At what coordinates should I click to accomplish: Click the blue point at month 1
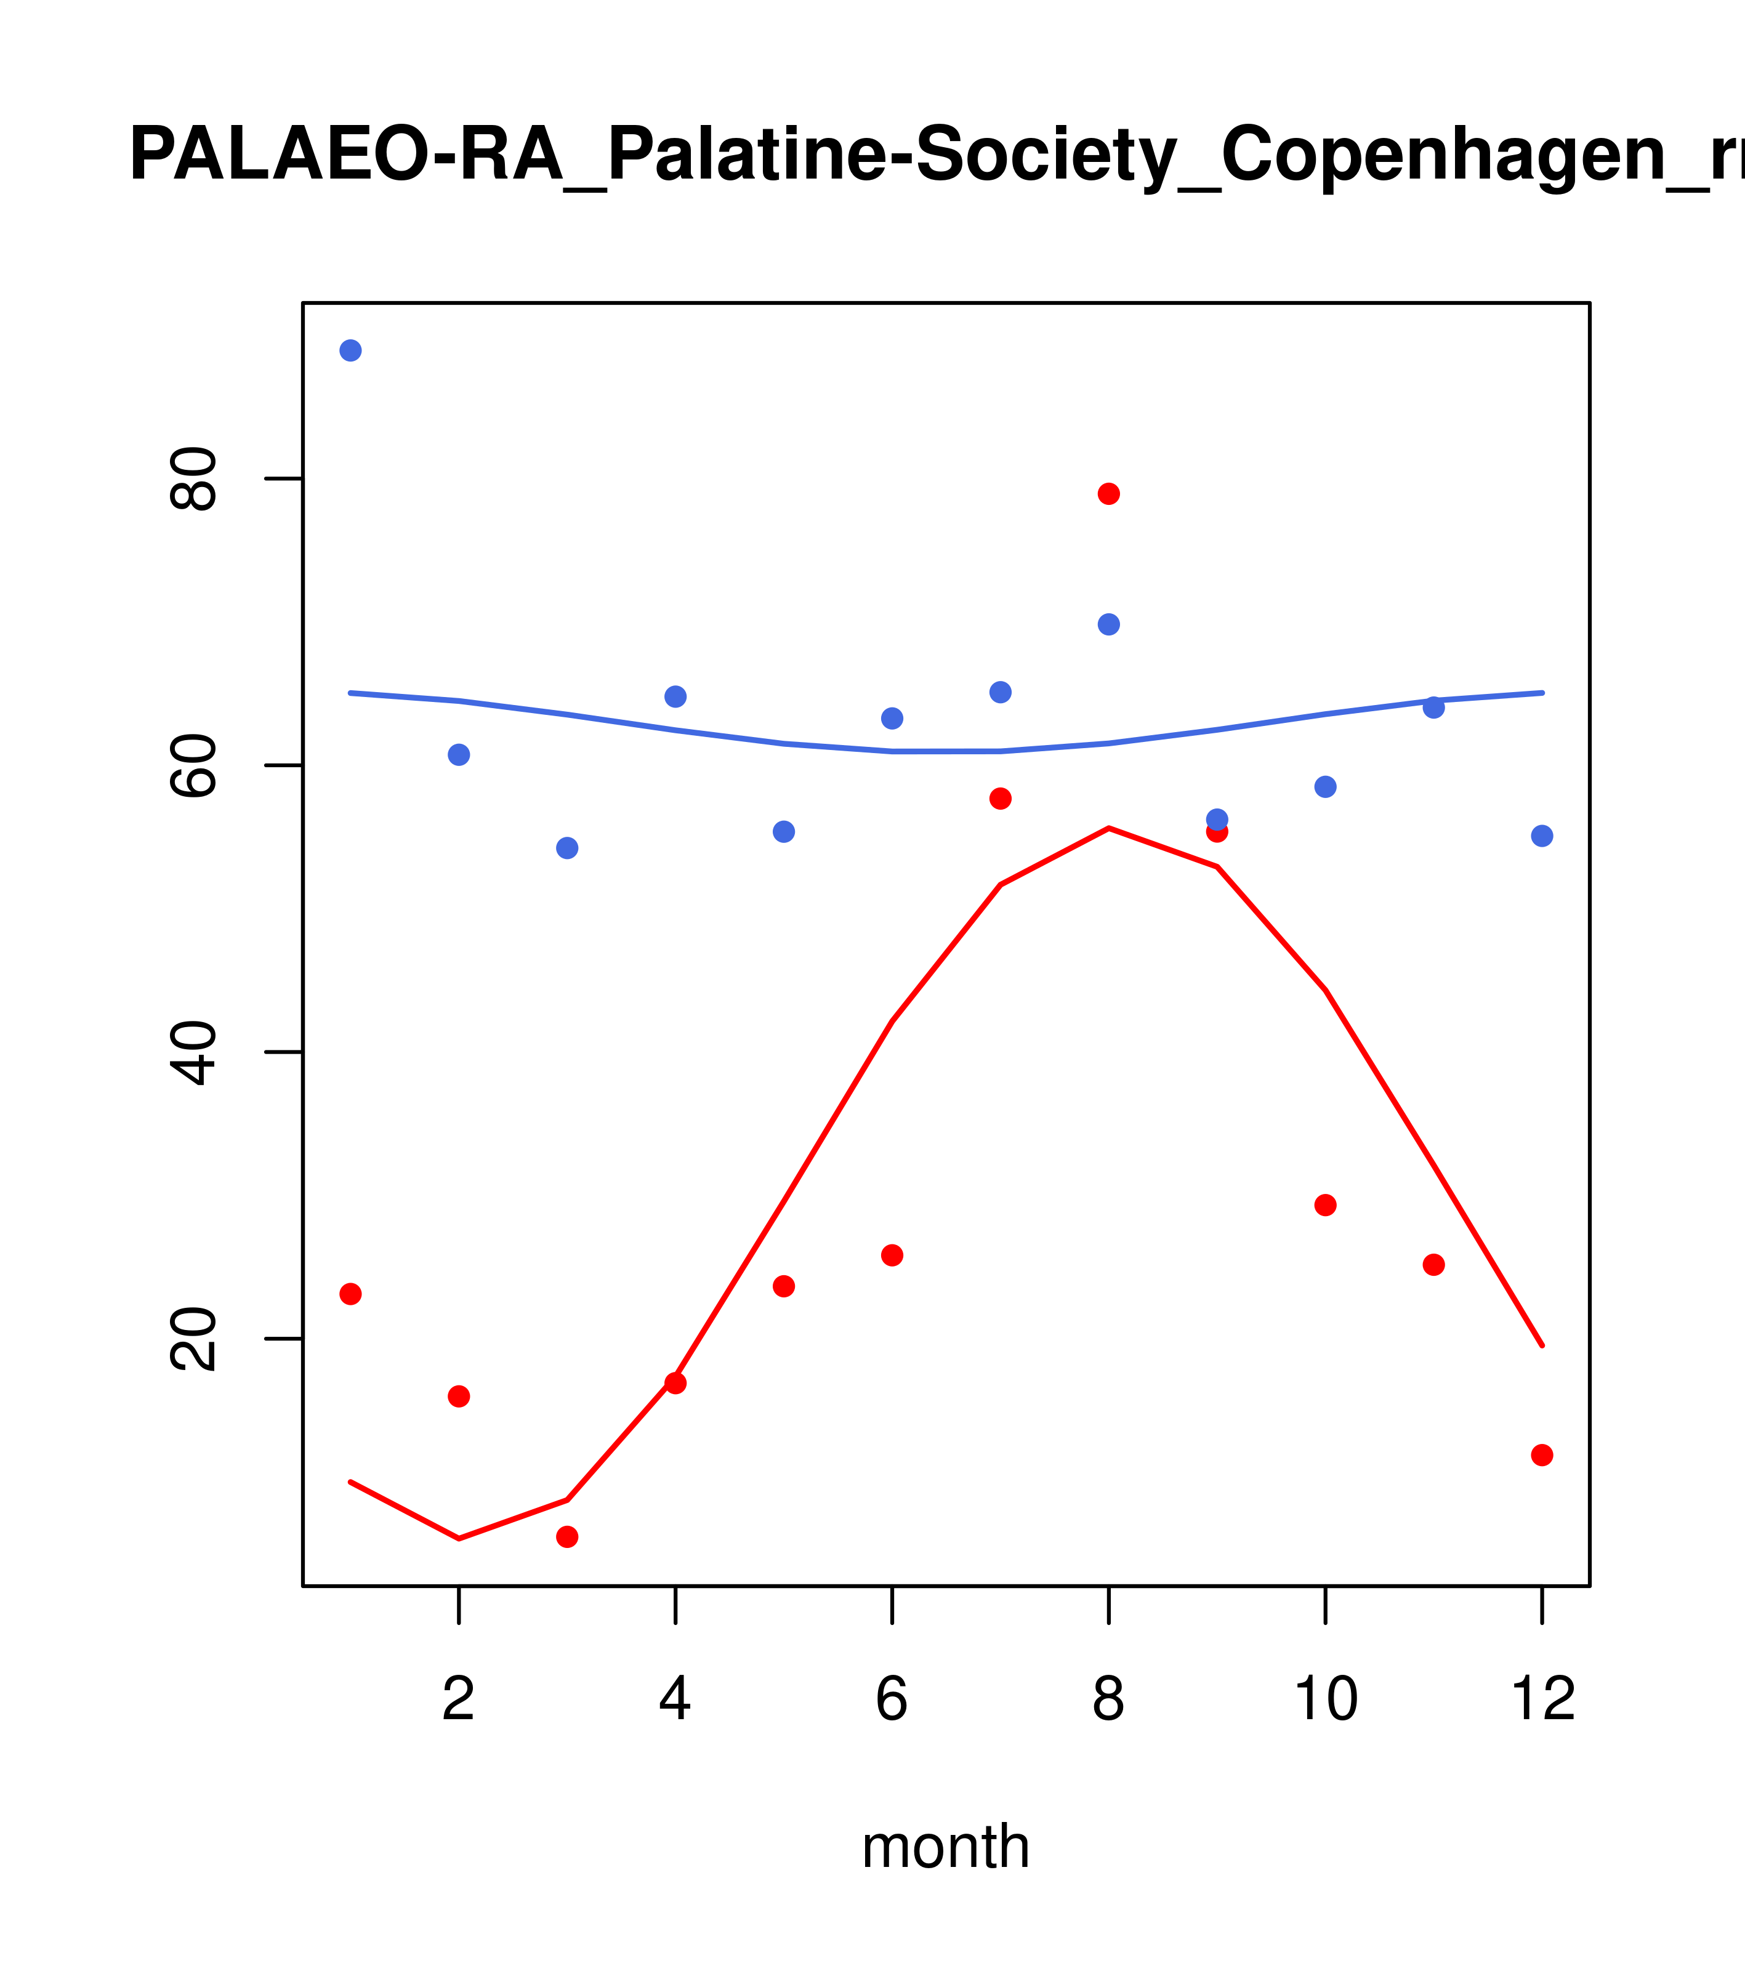coord(350,350)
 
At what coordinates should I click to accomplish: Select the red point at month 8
coord(1108,494)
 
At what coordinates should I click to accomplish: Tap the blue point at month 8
coord(1108,624)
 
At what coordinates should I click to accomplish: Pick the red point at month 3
coord(568,1536)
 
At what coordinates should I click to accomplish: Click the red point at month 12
coord(1541,1455)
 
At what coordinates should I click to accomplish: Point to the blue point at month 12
coord(1541,836)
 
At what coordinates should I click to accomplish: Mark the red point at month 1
coord(350,1294)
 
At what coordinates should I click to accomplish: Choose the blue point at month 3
coord(568,848)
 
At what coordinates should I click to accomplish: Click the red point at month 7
coord(1000,798)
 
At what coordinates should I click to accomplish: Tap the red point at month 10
coord(1325,1204)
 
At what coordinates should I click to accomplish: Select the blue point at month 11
coord(1433,707)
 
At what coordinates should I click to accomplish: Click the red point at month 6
coord(892,1256)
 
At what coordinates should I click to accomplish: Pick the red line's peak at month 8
coord(1108,828)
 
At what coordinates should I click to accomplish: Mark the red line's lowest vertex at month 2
coord(459,1539)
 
